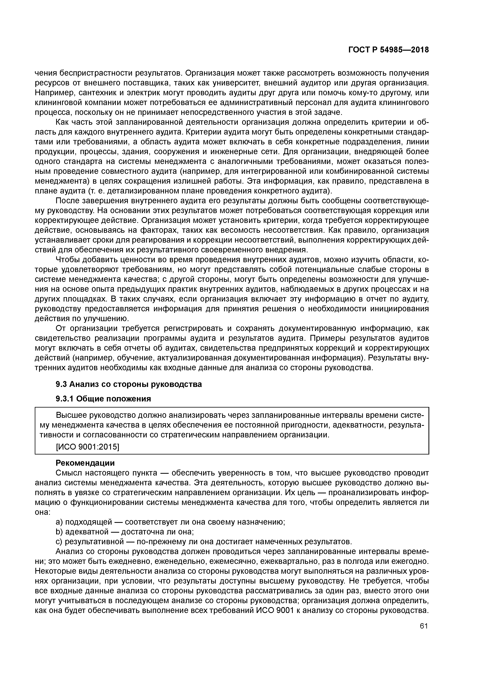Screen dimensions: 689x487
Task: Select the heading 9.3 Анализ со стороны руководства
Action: (x=129, y=384)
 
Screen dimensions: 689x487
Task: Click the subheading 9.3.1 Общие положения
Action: (x=103, y=399)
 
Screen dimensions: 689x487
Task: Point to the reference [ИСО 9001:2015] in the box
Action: (x=88, y=447)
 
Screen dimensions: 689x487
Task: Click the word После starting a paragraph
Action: (x=69, y=201)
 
